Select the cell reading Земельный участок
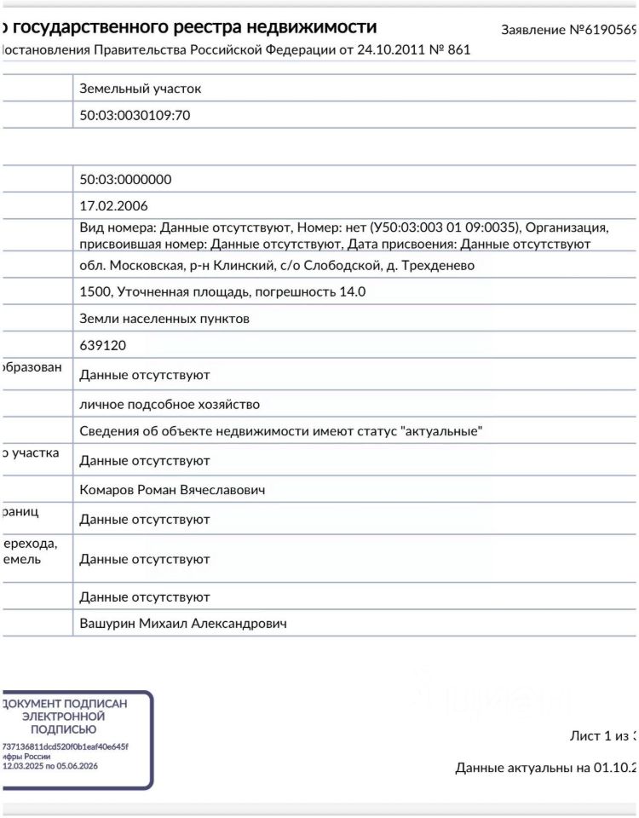141,89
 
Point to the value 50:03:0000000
125,180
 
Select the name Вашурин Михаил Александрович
183,624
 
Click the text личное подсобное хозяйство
170,404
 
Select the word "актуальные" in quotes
441,431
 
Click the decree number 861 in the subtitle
459,49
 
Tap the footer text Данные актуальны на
522,768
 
